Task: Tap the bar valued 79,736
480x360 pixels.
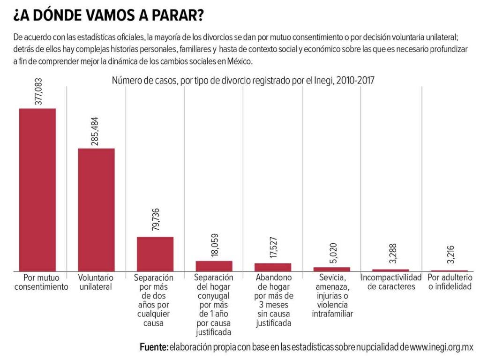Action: coord(155,254)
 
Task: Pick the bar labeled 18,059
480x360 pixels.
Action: coord(214,266)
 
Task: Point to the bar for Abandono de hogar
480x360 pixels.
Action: coord(273,267)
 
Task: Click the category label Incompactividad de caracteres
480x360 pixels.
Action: coord(391,282)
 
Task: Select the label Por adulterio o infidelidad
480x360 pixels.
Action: coord(450,282)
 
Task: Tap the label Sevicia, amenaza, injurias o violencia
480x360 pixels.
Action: coord(332,296)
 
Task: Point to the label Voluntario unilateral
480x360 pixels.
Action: coord(96,282)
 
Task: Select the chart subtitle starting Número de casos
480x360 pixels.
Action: coord(243,81)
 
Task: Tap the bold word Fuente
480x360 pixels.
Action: coord(153,347)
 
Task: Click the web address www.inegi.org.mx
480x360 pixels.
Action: coord(442,347)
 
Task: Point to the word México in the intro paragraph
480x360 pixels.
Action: coord(240,61)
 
